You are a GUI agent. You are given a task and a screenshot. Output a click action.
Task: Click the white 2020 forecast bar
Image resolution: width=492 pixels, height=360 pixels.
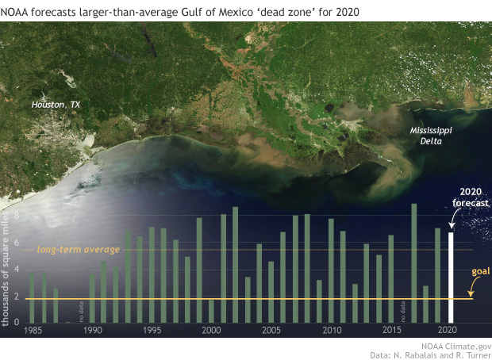452,277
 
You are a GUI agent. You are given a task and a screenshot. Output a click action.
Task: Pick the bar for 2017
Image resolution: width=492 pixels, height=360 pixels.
414,262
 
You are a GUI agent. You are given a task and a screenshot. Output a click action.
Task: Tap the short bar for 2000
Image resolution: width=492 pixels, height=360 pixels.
211,310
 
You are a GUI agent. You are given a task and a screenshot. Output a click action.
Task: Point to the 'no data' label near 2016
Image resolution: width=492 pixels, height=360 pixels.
402,311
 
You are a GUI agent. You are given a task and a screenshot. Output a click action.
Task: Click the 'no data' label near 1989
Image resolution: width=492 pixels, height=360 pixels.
79,311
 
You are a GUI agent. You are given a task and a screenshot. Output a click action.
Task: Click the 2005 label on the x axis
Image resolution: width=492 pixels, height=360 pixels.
271,330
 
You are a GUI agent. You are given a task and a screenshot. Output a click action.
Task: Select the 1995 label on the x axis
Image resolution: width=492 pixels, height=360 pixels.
151,330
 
